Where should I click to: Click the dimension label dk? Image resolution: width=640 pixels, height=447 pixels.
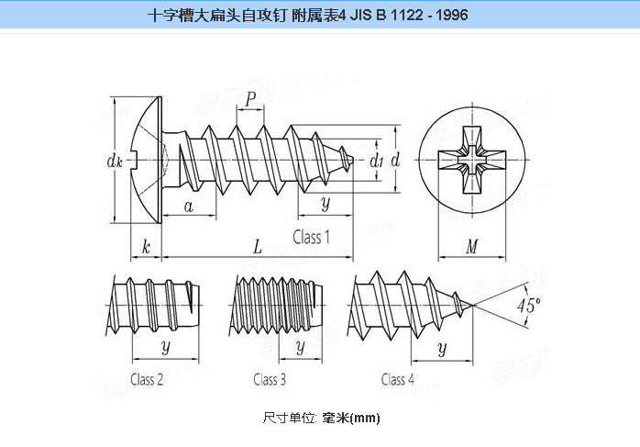(115, 162)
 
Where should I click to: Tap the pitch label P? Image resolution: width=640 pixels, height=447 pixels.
(250, 101)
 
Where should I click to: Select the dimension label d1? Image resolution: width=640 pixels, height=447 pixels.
(376, 161)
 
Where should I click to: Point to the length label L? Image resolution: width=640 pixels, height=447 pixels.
(258, 246)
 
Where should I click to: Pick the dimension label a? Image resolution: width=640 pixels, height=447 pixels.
(189, 206)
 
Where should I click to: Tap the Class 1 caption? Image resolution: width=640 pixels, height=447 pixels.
(312, 237)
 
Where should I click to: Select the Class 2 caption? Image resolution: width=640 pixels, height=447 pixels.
(147, 379)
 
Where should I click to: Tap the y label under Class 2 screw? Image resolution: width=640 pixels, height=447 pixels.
(165, 346)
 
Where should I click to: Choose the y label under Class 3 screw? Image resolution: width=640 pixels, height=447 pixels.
(298, 346)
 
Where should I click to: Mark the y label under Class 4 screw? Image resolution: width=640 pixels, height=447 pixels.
(442, 347)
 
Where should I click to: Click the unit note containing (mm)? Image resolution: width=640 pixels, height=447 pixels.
(321, 418)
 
